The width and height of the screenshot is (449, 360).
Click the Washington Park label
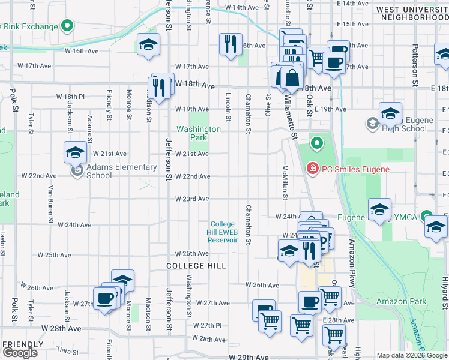[198, 133]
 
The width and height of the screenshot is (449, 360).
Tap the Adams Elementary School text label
[99, 171]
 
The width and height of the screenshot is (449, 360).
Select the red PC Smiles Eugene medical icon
[312, 169]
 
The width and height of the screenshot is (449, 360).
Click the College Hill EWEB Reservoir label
[223, 232]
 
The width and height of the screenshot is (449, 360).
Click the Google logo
[20, 353]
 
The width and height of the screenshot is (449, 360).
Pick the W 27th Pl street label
[208, 325]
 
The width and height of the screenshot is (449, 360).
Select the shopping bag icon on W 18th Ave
[291, 77]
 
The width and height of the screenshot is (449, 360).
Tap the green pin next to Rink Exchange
[67, 26]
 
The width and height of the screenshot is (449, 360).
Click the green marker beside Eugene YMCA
[427, 216]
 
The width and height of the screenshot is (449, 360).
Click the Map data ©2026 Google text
[412, 355]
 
